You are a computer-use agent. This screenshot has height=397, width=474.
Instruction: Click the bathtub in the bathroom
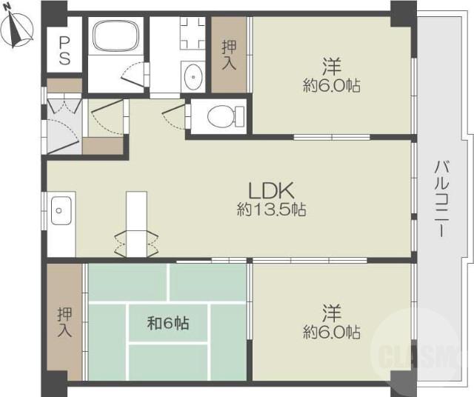[x=116, y=36]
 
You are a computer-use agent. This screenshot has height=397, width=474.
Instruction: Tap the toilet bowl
[x=226, y=116]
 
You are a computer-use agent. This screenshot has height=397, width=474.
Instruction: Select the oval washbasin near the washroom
[x=193, y=77]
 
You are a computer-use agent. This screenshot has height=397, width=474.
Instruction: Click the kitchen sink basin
[x=61, y=210]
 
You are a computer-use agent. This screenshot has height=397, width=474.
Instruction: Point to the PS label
[x=64, y=50]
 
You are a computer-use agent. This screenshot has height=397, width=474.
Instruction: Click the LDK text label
[x=271, y=191]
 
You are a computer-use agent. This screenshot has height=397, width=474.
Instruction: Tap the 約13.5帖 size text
[x=271, y=210]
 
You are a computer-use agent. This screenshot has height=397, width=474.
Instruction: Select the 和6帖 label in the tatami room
[x=168, y=323]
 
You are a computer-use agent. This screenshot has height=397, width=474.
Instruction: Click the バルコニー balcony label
[x=440, y=199]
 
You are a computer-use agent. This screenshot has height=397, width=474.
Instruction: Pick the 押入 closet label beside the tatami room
[x=64, y=321]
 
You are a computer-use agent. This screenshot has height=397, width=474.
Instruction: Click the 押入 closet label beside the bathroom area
[x=229, y=55]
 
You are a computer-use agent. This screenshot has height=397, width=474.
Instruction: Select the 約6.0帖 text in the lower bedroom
[x=332, y=332]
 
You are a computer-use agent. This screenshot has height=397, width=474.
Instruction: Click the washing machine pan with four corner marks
[x=193, y=33]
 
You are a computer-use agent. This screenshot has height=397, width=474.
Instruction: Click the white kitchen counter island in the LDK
[x=136, y=224]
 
